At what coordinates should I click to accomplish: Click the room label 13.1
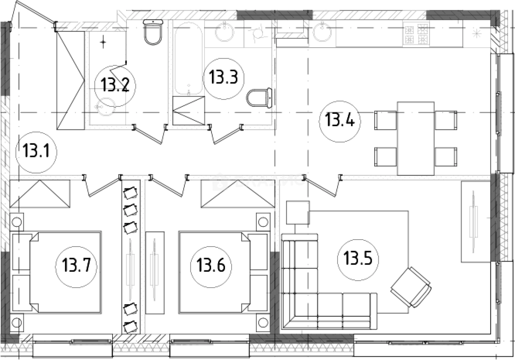[x=36, y=152]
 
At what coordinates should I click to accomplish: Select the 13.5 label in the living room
[x=358, y=260]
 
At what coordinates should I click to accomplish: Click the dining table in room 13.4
[x=416, y=138]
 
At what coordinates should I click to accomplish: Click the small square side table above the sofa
[x=298, y=212]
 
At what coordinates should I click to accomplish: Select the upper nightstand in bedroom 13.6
[x=263, y=222]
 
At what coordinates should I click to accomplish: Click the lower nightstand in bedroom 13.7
[x=16, y=323]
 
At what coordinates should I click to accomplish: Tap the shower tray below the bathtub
[x=189, y=110]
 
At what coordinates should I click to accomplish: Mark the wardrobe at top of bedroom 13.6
[x=238, y=194]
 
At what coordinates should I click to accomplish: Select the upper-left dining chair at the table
[x=385, y=120]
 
